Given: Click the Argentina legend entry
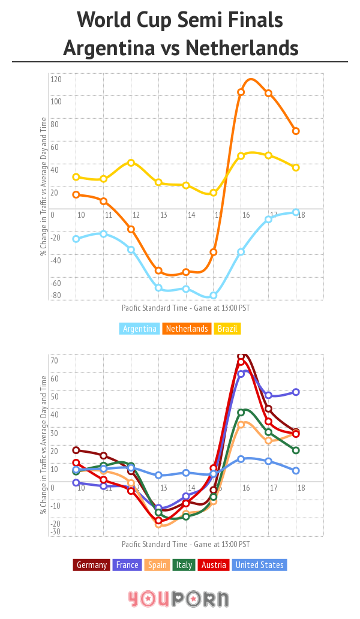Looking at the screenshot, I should click(139, 329).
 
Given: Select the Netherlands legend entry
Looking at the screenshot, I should click(187, 329).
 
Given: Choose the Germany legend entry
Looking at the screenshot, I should click(92, 565).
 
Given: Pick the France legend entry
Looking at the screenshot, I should click(127, 565).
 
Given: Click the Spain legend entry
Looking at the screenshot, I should click(157, 565).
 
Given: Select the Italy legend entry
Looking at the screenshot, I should click(184, 565).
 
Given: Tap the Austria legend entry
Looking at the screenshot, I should click(214, 565).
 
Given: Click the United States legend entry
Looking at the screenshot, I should click(259, 565).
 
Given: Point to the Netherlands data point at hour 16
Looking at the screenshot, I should click(241, 92).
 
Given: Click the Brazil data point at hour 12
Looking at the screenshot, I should click(131, 163).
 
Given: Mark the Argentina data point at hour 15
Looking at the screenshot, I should click(213, 296).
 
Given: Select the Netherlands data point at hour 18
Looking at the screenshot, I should click(296, 131).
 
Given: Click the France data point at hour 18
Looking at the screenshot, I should click(296, 392).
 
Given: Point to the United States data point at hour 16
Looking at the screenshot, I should click(241, 459).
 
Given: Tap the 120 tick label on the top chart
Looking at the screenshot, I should click(56, 79).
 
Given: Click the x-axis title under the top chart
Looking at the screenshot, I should click(185, 308).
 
